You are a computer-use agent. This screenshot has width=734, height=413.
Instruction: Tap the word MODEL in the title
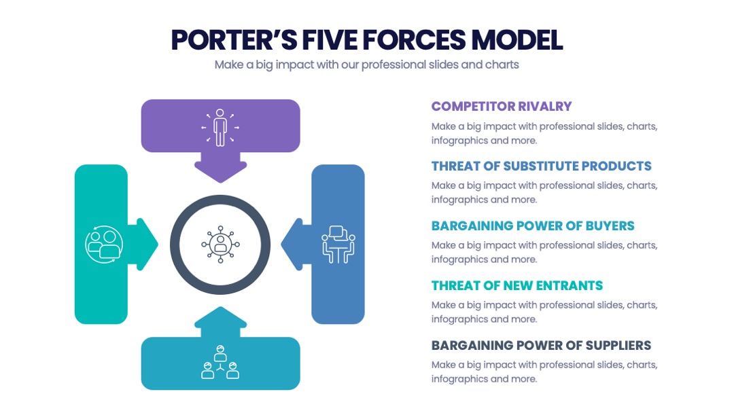517,40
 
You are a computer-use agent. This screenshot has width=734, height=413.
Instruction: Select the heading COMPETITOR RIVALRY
502,107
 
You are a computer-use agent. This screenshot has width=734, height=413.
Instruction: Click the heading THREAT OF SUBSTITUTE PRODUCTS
541,166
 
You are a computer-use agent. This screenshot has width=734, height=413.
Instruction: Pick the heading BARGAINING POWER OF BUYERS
533,226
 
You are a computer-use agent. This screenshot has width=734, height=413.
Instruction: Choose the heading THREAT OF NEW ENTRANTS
517,286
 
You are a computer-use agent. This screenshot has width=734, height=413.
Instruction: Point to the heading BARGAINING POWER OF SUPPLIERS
541,346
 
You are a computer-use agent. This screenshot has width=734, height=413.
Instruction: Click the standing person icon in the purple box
220,128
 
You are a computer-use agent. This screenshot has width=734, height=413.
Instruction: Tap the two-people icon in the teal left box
104,244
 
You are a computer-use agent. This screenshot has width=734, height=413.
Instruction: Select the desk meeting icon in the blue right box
338,244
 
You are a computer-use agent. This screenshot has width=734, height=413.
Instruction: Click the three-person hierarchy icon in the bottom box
220,362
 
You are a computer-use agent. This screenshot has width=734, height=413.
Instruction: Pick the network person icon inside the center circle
220,244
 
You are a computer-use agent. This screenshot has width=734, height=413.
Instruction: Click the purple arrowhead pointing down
220,169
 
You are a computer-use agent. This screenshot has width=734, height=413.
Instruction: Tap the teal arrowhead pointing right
145,244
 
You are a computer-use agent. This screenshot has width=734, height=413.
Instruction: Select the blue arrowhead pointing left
296,244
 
